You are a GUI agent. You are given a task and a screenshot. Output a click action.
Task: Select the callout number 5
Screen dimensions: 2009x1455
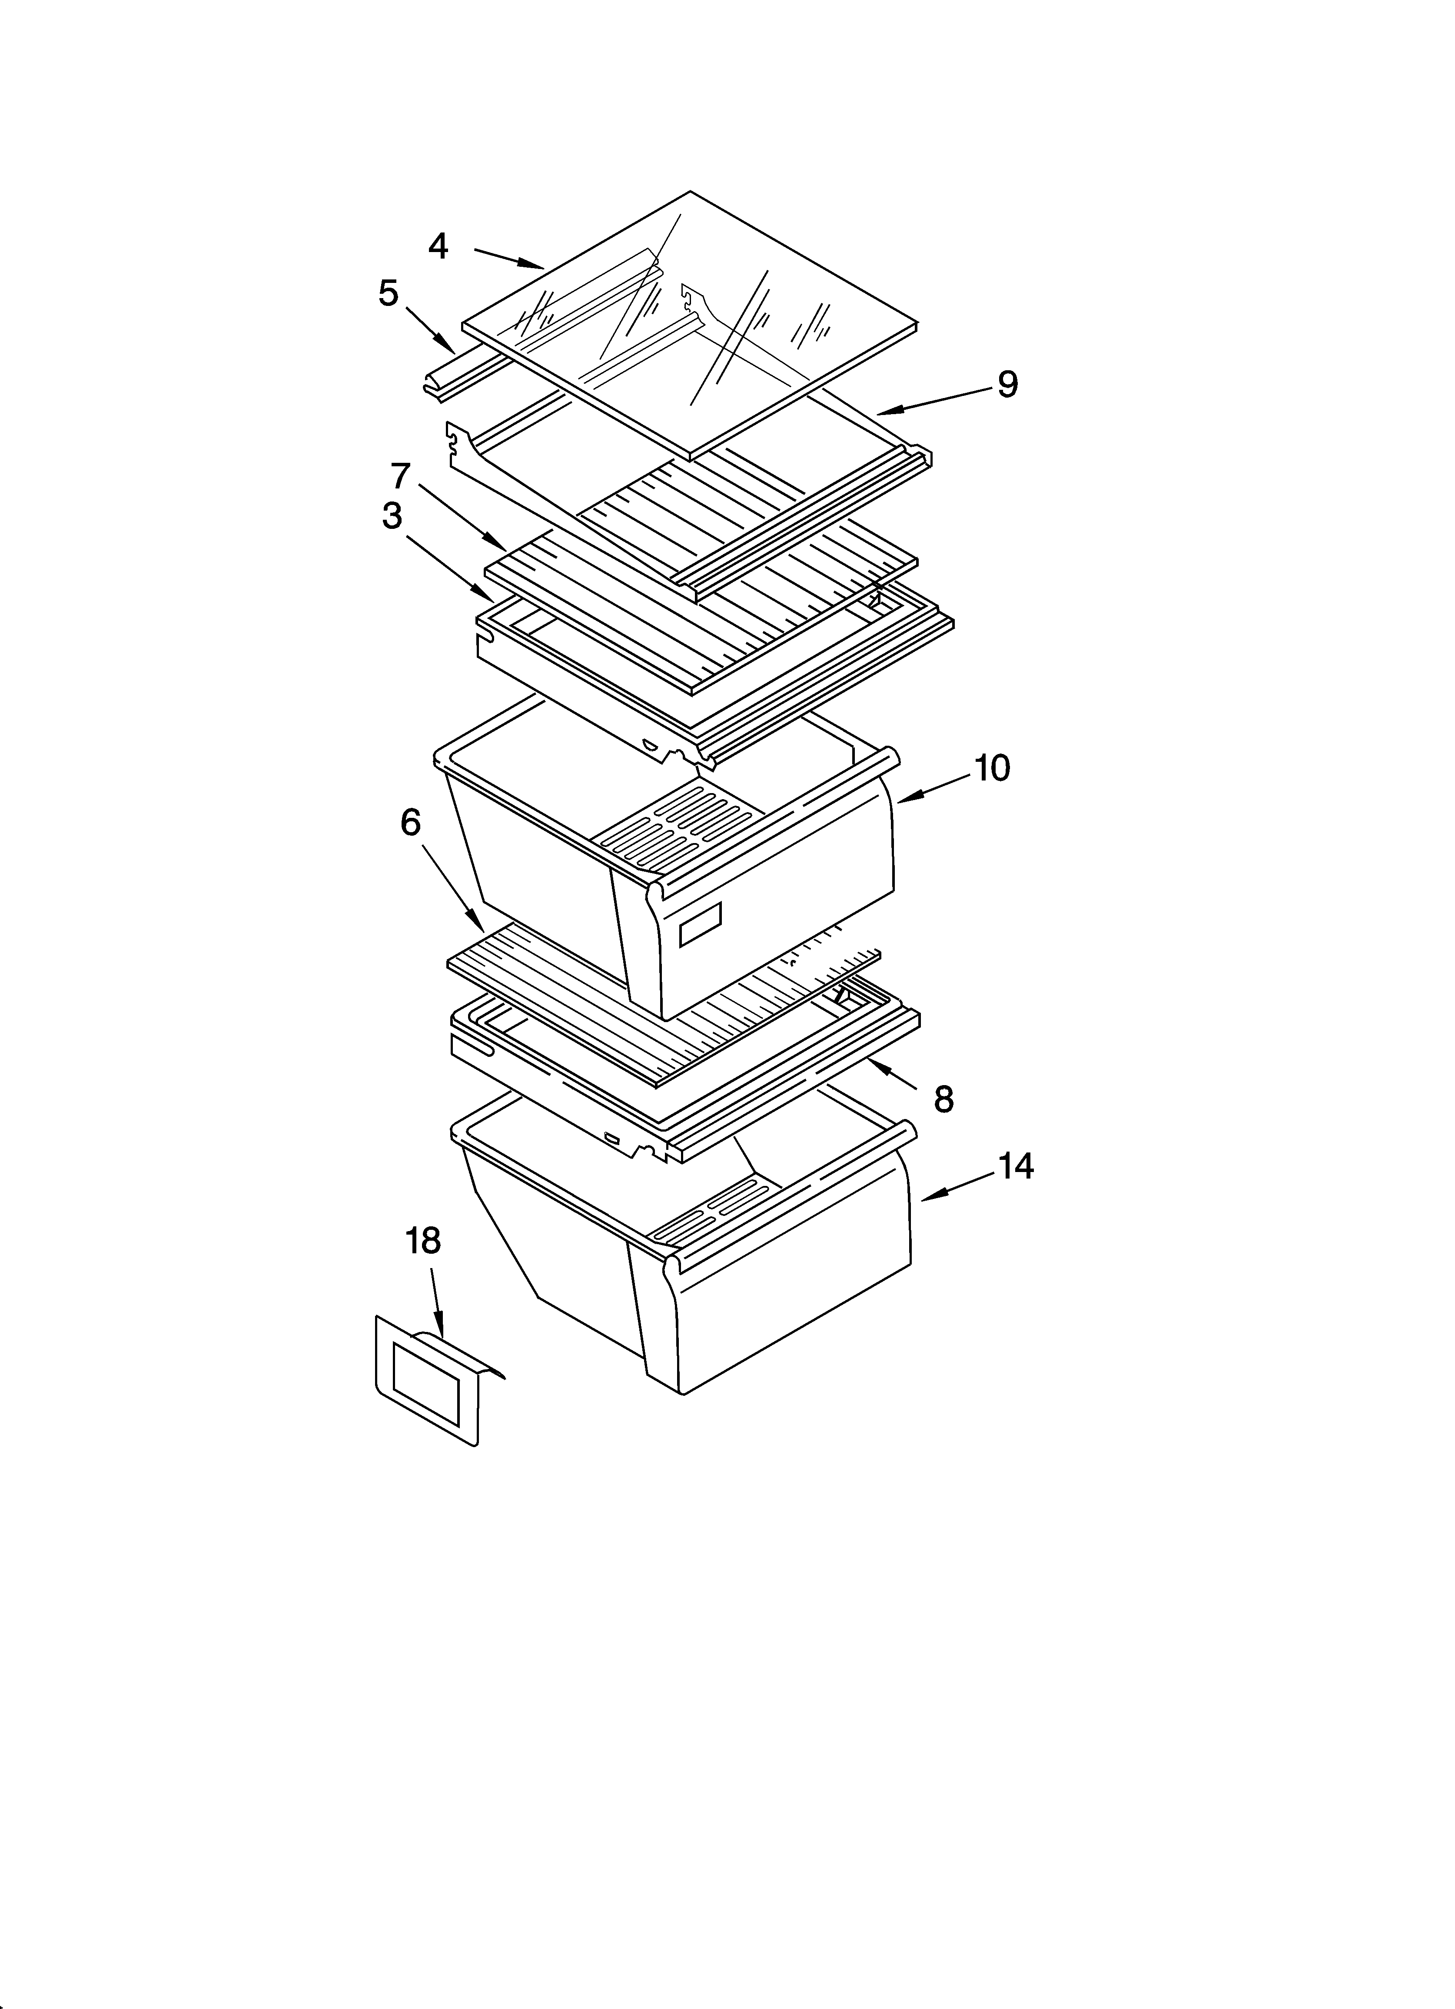pos(388,293)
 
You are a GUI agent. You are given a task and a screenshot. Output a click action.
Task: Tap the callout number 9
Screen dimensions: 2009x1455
pos(1007,385)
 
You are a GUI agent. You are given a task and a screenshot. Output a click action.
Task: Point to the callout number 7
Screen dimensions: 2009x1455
pos(402,476)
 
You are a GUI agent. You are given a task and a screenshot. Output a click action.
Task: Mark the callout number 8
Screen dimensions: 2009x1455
pos(944,1099)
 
